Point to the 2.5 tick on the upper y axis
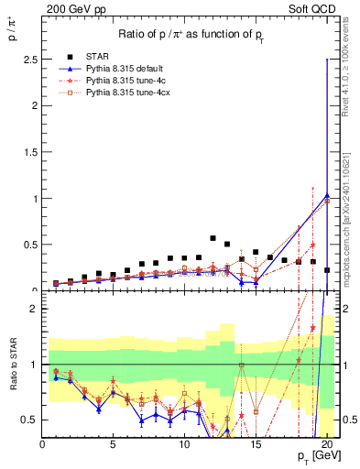coord(31,59)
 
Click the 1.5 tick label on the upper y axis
coord(31,152)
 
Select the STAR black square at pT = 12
coord(213,238)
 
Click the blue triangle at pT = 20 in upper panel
coord(327,195)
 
